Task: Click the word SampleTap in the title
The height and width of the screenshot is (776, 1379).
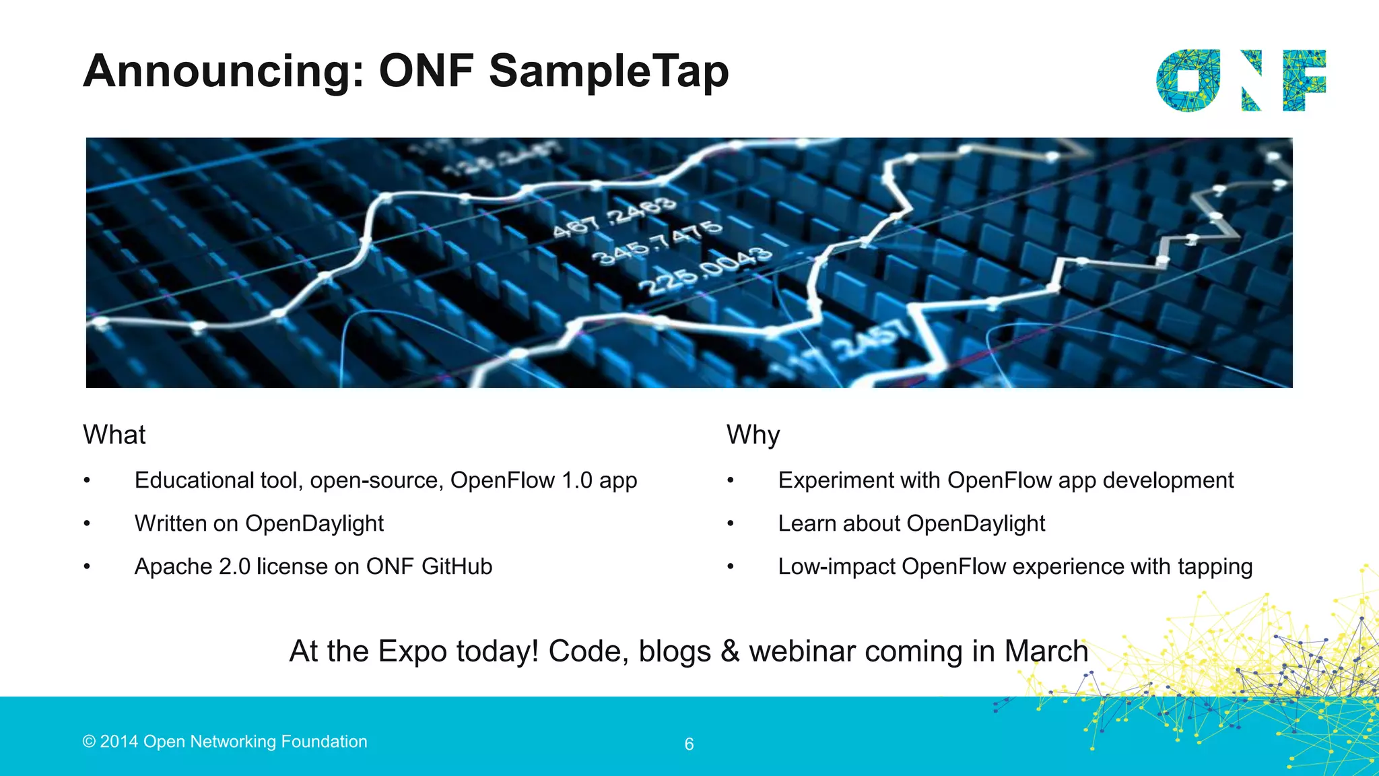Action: tap(609, 71)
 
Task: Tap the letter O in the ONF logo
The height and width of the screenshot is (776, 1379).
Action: tap(1188, 80)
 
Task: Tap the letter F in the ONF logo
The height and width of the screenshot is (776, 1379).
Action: tap(1304, 80)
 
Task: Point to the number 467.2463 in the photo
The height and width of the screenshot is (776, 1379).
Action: tap(613, 218)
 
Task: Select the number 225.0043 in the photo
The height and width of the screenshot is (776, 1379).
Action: tap(704, 271)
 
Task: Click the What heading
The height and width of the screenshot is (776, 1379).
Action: tap(114, 435)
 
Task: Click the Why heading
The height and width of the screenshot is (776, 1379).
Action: tap(753, 435)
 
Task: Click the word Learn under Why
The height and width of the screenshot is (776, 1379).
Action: tap(805, 523)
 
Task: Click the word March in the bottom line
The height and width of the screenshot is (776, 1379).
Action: tap(1046, 651)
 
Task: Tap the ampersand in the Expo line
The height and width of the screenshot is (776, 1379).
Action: tap(730, 651)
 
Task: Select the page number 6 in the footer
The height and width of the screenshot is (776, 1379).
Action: tap(689, 744)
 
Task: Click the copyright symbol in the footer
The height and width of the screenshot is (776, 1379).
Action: tap(89, 742)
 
